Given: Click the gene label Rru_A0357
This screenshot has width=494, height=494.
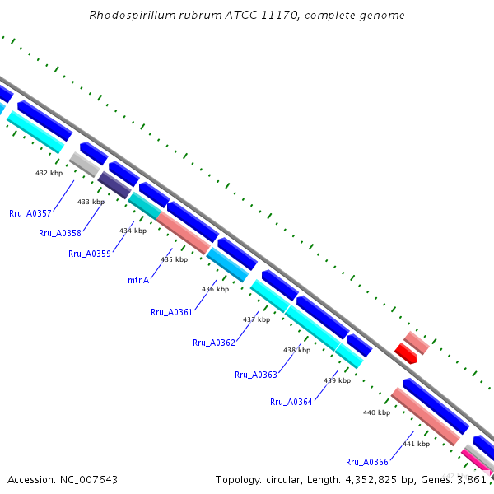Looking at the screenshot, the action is (30, 212).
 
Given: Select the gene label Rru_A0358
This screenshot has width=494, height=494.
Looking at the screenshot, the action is (59, 233).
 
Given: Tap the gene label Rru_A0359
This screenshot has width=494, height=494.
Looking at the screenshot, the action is (89, 254).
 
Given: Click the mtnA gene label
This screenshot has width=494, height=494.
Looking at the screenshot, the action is (138, 280).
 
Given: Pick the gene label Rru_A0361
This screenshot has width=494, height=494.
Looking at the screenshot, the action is (171, 312).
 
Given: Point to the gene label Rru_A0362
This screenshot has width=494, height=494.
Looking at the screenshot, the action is (213, 343).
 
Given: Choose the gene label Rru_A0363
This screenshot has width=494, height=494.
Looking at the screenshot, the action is (255, 375).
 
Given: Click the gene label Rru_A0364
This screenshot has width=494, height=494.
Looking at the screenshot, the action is (291, 402).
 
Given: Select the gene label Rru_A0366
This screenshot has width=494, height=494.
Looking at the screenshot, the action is (366, 462).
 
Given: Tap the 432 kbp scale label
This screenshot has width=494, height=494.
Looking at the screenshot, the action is (49, 174).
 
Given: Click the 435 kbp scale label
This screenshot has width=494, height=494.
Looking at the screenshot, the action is (175, 259).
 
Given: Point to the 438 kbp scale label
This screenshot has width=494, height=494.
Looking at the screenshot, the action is (297, 350).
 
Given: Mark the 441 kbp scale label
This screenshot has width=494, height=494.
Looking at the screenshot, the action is (416, 444).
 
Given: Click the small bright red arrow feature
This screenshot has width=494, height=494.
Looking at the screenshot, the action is (405, 354).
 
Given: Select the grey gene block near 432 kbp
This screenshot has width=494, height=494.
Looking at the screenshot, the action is (84, 163).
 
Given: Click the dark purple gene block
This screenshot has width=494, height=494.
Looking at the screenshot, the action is (114, 184).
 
